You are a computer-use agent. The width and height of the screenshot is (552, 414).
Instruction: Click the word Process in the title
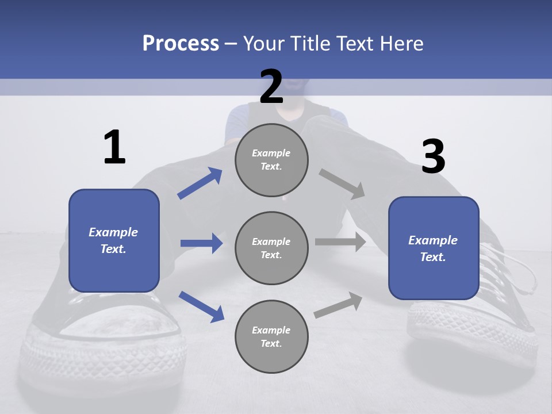[x=181, y=43]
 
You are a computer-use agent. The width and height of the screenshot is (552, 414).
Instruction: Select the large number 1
[x=114, y=147]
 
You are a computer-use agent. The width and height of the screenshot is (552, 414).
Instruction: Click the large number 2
[x=271, y=87]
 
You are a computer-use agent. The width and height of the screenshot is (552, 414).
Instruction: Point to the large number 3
[x=434, y=156]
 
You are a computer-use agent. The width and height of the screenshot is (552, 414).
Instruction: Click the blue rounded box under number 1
[x=114, y=240]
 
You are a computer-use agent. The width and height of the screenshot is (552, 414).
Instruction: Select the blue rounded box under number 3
[x=434, y=248]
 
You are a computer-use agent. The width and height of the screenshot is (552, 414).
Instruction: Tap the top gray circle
[x=271, y=160]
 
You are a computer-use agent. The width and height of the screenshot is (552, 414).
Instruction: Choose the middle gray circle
[x=271, y=248]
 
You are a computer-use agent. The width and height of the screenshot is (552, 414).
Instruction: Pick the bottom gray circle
[x=271, y=336]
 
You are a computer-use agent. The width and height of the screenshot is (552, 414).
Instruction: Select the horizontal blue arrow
[x=201, y=243]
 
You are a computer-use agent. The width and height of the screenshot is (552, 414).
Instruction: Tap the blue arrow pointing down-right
[x=201, y=306]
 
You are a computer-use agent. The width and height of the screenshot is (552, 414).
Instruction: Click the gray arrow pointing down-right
[x=343, y=184]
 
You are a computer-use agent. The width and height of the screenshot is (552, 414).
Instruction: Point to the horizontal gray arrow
[x=340, y=242]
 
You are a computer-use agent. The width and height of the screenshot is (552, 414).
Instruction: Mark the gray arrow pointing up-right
[x=338, y=305]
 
